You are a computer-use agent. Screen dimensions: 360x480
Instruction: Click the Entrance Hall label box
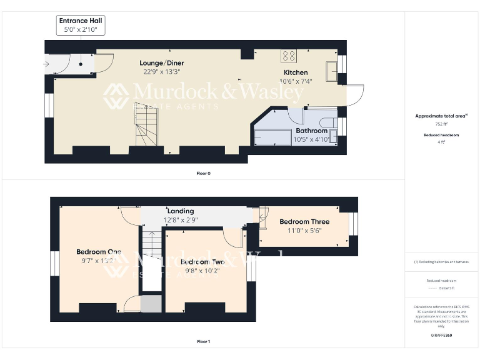pos(81,26)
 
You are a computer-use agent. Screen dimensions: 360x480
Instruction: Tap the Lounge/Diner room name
pos(161,63)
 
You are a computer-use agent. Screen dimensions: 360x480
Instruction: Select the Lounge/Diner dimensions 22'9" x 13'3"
pos(161,72)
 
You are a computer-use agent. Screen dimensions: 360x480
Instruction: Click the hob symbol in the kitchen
pos(289,56)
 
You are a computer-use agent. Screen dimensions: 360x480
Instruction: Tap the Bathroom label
pos(311,131)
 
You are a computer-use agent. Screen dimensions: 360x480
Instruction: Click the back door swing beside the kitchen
pos(354,95)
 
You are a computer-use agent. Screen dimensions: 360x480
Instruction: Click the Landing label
pos(180,211)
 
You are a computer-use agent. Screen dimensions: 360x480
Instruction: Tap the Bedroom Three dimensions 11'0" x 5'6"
pos(304,231)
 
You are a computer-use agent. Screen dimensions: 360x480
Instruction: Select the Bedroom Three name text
pos(304,221)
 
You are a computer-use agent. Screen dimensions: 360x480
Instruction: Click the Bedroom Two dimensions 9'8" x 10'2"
pos(202,271)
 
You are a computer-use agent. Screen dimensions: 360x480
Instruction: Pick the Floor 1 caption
pos(203,342)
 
